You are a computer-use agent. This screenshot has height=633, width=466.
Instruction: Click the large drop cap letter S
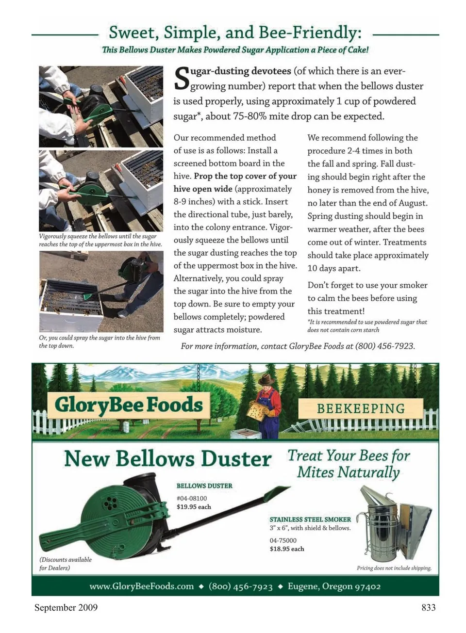pyautogui.click(x=181, y=79)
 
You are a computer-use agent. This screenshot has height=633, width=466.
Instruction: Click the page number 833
pyautogui.click(x=428, y=607)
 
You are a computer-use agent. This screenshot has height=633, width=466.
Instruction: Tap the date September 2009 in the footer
pyautogui.click(x=66, y=607)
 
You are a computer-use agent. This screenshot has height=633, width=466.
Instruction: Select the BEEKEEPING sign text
pyautogui.click(x=361, y=408)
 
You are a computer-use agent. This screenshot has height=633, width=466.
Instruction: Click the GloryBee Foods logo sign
pyautogui.click(x=129, y=405)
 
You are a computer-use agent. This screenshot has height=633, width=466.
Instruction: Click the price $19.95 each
pyautogui.click(x=194, y=507)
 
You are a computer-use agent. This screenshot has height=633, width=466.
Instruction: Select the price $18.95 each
pyautogui.click(x=287, y=549)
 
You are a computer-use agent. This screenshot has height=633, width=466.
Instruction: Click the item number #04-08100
pyautogui.click(x=192, y=498)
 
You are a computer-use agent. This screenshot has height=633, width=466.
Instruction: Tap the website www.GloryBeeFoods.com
pyautogui.click(x=141, y=586)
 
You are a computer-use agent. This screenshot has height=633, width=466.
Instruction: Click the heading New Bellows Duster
pyautogui.click(x=167, y=458)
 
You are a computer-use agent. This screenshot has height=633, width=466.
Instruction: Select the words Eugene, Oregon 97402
pyautogui.click(x=334, y=586)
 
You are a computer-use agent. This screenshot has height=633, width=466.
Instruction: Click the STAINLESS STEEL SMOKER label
pyautogui.click(x=310, y=519)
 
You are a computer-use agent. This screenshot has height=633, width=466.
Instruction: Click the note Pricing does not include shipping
pyautogui.click(x=394, y=568)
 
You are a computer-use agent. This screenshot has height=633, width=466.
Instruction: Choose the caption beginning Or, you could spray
pyautogui.click(x=99, y=341)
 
